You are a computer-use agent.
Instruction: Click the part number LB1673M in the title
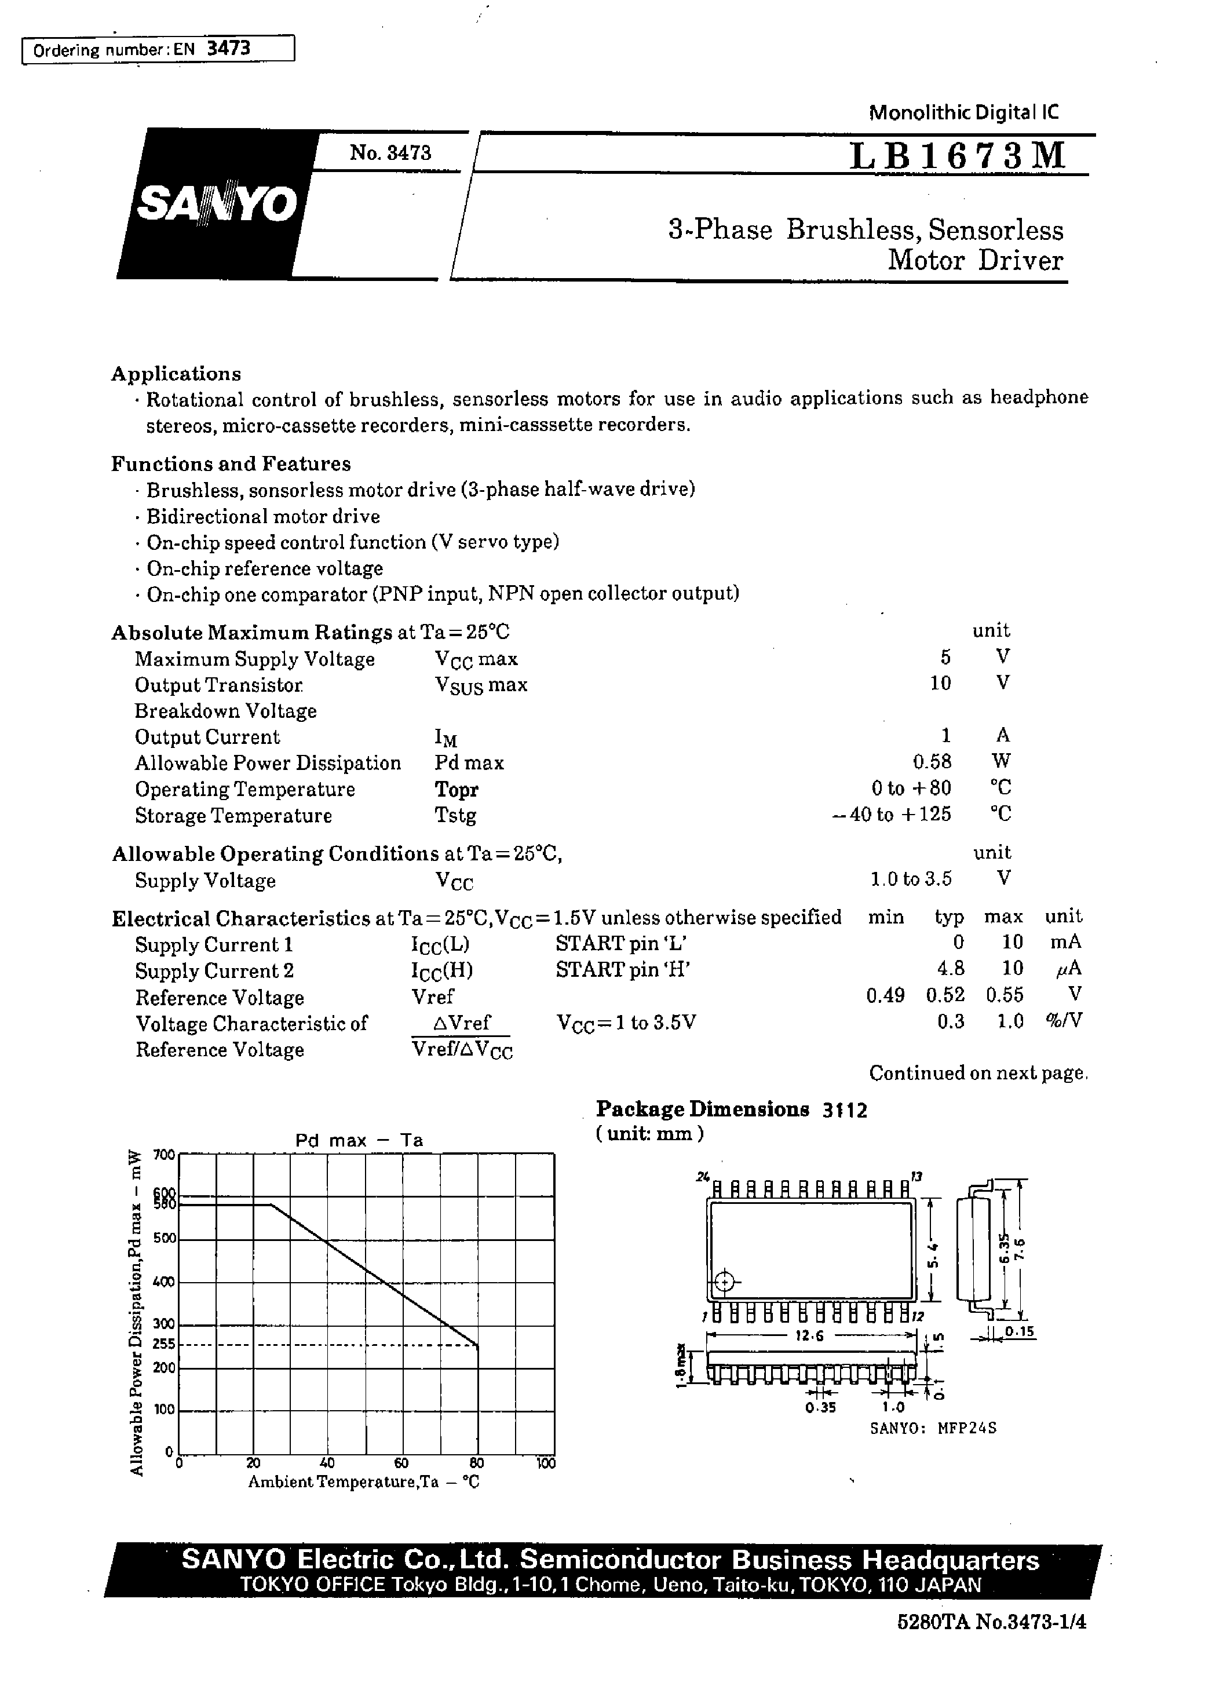click(958, 156)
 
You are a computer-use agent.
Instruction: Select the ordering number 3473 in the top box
click(228, 49)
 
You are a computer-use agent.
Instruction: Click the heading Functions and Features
click(231, 463)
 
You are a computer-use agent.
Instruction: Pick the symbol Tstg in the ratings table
click(455, 815)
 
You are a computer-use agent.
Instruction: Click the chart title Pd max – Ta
click(359, 1140)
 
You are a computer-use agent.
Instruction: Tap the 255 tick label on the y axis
click(163, 1344)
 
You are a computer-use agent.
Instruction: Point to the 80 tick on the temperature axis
click(476, 1463)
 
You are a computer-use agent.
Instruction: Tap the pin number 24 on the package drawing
click(702, 1177)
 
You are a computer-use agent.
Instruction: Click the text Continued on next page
click(978, 1074)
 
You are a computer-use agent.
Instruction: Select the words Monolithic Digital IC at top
click(963, 113)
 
